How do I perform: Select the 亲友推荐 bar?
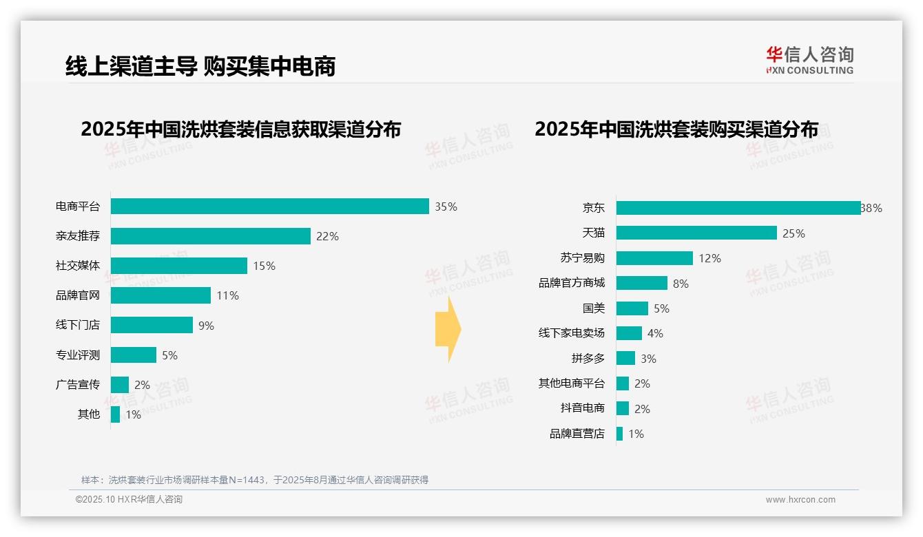click(211, 236)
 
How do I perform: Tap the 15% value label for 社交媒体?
click(264, 266)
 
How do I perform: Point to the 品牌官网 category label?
click(78, 295)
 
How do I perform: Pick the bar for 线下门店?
click(152, 325)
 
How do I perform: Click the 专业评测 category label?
click(78, 355)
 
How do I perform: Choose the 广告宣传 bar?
click(120, 384)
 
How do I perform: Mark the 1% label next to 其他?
click(133, 414)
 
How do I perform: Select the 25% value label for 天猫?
click(794, 233)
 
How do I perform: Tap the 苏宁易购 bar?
click(654, 258)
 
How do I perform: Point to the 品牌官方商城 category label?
click(572, 283)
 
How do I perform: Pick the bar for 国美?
click(632, 308)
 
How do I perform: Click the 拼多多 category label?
click(588, 358)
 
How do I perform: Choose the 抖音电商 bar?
click(623, 408)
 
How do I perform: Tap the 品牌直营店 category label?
click(577, 434)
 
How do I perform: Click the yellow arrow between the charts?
click(448, 330)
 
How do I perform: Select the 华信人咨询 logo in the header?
click(809, 60)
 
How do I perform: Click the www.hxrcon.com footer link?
click(800, 500)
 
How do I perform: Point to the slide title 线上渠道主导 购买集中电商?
click(200, 66)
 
